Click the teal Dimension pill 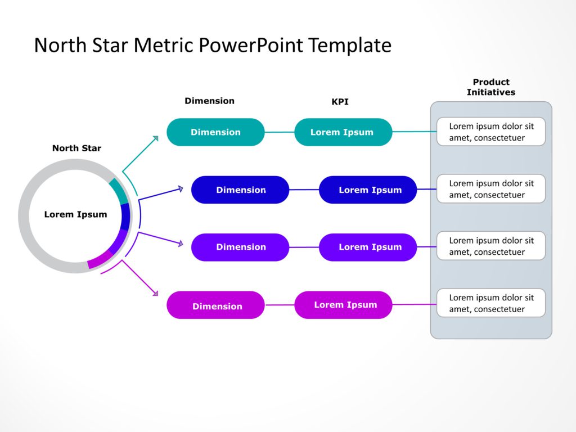(215, 132)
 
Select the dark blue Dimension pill (240, 190)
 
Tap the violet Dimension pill (240, 247)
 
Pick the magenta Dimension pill (215, 305)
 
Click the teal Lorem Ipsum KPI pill (343, 132)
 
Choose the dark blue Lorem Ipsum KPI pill (368, 190)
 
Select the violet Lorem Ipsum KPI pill (368, 247)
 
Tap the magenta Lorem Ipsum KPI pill (343, 305)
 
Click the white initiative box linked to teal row (490, 132)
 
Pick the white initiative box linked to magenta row (490, 303)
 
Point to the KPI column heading (340, 102)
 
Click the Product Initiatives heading (490, 87)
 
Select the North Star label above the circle (76, 148)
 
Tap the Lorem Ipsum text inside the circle (75, 214)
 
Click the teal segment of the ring (118, 191)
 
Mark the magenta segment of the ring (100, 259)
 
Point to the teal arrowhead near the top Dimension (155, 137)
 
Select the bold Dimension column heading (209, 101)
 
